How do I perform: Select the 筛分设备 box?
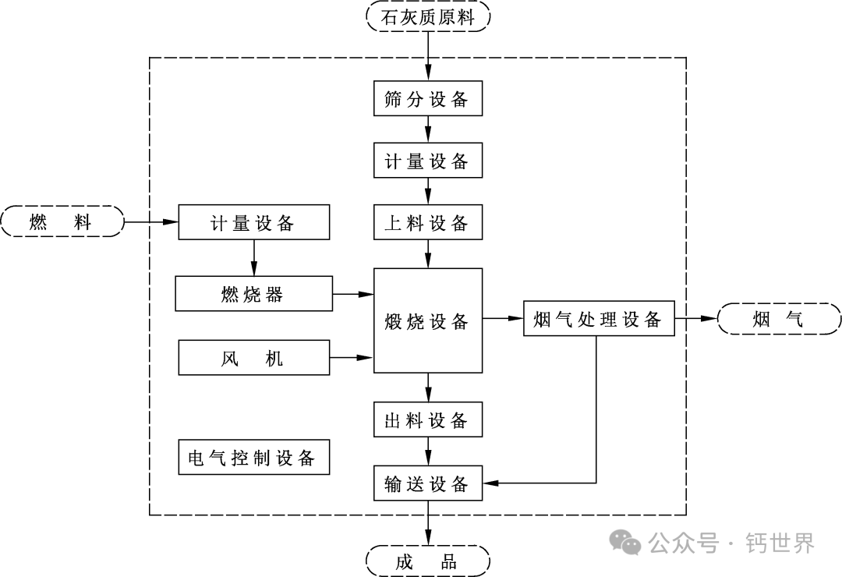tap(428, 99)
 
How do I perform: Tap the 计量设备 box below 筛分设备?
tap(428, 161)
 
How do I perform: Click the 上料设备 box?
tap(428, 224)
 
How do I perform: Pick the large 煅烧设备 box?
tap(428, 320)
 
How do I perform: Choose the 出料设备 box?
tap(428, 421)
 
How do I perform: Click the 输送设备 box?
tap(428, 483)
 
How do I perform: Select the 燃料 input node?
tap(62, 222)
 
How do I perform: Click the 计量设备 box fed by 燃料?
tap(254, 223)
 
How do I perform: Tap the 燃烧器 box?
tap(254, 294)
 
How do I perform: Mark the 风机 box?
tap(254, 358)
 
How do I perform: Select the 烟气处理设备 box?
tap(598, 319)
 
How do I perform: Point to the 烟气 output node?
tap(779, 319)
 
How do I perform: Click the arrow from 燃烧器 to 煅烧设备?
tap(353, 294)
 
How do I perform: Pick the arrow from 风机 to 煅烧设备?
tap(353, 358)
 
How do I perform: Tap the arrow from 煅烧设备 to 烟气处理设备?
tap(503, 318)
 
